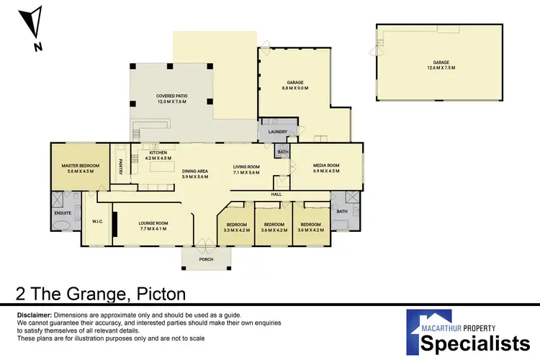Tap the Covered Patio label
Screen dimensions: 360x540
pos(171,96)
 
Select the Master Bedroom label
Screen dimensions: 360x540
pos(75,166)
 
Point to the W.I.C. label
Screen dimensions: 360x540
pos(99,222)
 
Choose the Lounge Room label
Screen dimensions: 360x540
pos(153,223)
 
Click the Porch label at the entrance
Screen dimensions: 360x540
pos(207,259)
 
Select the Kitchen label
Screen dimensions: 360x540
pos(158,153)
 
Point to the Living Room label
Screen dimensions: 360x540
pos(246,167)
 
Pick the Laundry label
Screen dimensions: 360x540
pos(277,132)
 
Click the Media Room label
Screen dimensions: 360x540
pos(326,165)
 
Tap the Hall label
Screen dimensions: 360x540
pos(276,194)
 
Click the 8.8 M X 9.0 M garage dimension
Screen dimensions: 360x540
pos(294,89)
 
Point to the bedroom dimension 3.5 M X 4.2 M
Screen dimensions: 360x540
pos(237,230)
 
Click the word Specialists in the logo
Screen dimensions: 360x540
pos(469,343)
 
